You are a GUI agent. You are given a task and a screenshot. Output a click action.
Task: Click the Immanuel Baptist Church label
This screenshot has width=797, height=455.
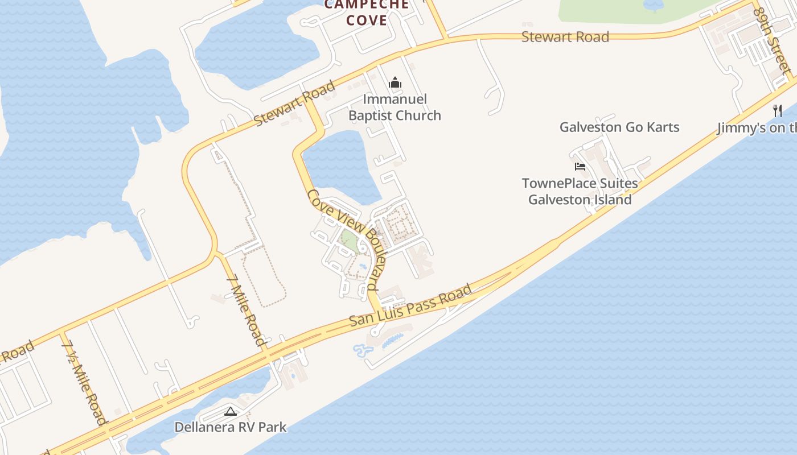pos(395,107)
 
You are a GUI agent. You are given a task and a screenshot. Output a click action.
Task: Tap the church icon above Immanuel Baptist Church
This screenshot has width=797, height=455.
pos(395,83)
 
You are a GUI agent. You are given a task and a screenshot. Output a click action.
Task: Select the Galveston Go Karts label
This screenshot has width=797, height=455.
pos(619,127)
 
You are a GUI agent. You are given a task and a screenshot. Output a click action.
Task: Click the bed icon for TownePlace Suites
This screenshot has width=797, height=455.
pos(580,167)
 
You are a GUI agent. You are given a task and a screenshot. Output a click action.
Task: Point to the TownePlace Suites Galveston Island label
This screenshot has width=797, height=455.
pos(580,192)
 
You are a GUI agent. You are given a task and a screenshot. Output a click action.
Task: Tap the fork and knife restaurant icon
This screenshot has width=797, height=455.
pos(777,110)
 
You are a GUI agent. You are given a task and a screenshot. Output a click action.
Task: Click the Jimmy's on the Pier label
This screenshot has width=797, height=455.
pos(757,128)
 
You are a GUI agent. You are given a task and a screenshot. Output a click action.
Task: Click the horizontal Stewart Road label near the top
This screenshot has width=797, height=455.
pos(565,37)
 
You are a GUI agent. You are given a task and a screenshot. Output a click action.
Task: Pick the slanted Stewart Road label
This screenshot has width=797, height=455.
pos(294,104)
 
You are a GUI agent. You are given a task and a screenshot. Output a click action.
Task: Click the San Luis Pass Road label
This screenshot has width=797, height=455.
pos(410,305)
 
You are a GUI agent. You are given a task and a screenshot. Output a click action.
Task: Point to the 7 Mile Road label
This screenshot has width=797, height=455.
pos(246,311)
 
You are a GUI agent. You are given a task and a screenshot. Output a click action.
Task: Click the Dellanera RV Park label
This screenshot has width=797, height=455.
pos(231,427)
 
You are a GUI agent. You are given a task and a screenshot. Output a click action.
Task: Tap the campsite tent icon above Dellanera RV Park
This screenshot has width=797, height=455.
pos(231,411)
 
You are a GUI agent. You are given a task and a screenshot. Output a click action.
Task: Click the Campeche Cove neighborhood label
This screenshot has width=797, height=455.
pos(367,13)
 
